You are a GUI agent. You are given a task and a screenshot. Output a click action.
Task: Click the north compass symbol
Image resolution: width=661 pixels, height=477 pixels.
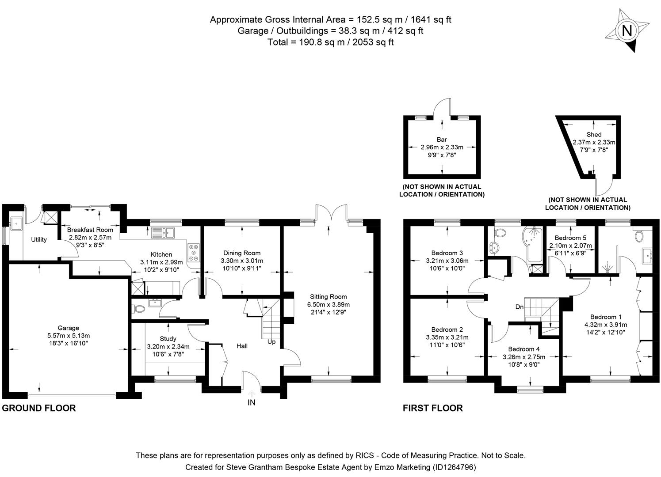click(x=627, y=31)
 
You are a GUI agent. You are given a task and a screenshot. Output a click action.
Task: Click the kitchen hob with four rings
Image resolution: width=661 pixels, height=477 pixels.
click(x=193, y=253)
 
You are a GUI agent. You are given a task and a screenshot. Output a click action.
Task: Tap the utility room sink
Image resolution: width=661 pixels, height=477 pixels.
click(x=17, y=224)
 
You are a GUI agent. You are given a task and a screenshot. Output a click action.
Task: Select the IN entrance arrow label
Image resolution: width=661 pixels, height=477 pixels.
click(x=251, y=402)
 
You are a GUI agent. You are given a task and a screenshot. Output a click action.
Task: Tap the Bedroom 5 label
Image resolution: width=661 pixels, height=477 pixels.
click(x=570, y=238)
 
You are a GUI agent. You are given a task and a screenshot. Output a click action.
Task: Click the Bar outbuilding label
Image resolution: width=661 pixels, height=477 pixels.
click(x=441, y=140)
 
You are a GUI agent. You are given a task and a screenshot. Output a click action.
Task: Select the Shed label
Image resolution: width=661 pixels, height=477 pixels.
click(x=594, y=135)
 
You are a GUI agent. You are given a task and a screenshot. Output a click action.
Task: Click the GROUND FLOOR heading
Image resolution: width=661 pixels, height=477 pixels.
click(x=39, y=408)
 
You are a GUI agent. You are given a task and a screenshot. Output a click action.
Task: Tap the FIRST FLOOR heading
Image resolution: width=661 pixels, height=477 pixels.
click(x=432, y=408)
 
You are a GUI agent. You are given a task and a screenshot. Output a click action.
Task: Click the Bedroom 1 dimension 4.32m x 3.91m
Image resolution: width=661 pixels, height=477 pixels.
click(x=605, y=325)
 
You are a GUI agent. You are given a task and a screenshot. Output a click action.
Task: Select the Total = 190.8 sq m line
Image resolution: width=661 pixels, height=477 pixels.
click(x=330, y=42)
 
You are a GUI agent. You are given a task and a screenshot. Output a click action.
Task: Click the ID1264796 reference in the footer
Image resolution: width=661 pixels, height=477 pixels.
click(x=454, y=467)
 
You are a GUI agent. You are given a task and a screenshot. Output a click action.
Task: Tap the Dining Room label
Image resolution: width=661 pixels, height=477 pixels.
click(x=241, y=253)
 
